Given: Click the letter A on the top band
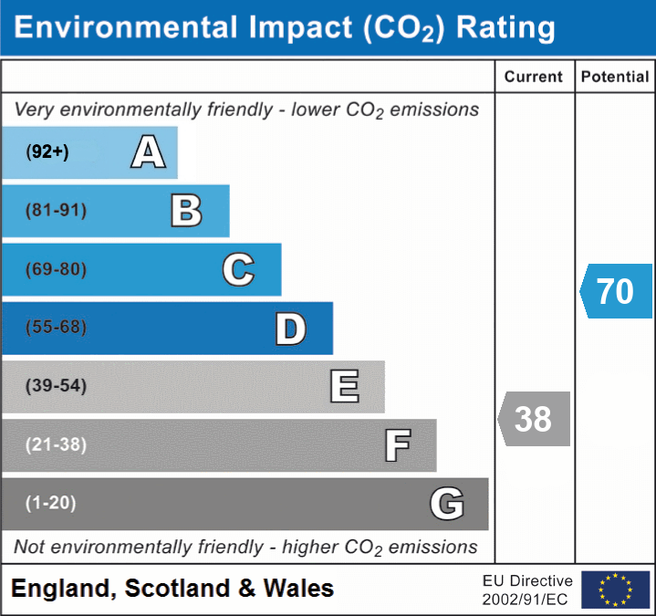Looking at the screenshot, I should pos(148,152).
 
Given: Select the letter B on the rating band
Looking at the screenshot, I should pos(186,211).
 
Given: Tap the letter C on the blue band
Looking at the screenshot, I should pos(238,269).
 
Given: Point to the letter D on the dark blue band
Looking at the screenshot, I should pos(290,329).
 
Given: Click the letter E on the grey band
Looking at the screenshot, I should pos(344,387).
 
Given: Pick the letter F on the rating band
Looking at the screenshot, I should pos(397,446).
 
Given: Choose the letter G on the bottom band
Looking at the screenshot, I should pos(447,504).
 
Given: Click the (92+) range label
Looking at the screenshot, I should pos(47,152).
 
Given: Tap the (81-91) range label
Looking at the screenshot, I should pos(56,211).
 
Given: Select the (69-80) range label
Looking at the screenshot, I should pos(56,269).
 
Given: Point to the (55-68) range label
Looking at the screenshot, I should pos(56,328).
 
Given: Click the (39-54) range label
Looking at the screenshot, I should pos(56,386).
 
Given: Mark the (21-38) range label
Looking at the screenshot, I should pos(56,445).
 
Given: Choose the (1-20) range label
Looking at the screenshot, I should pos(50,503).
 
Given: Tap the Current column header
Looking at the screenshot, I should pos(534,78).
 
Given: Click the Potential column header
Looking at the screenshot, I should pos(615,78).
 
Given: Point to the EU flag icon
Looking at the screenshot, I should pos(615,590).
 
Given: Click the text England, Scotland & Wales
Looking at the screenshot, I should pos(172,589).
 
